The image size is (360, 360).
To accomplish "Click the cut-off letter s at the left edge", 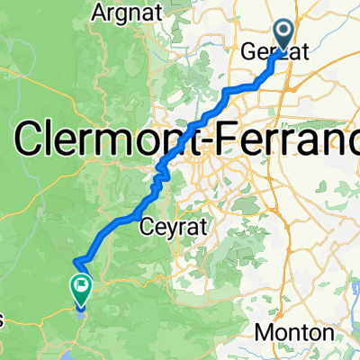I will pyautogui.click(x=2, y=321).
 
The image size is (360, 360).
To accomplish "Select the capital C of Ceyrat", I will pyautogui.click(x=148, y=229).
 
